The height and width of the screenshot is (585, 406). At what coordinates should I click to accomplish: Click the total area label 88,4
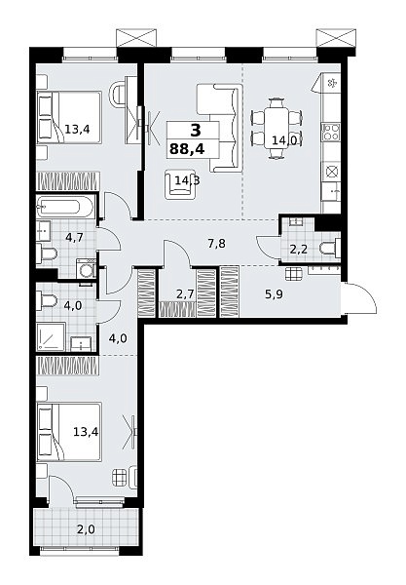[187, 149]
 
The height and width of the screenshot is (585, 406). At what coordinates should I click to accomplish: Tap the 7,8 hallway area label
[217, 244]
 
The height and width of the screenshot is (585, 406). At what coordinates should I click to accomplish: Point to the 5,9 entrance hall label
[274, 294]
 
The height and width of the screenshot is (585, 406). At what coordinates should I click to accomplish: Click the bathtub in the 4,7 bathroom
[63, 207]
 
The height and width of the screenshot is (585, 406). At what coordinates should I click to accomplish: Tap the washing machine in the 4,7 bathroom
[87, 268]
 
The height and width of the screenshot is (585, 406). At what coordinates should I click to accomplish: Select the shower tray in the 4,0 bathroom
[51, 336]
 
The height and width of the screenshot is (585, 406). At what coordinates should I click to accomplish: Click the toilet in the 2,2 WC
[330, 248]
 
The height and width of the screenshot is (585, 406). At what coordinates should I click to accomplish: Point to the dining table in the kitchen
[276, 128]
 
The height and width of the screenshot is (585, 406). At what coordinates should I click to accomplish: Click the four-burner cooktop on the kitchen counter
[331, 132]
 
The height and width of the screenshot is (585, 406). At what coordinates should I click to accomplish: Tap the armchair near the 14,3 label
[181, 184]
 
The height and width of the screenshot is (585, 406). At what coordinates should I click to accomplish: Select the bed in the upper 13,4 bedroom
[69, 117]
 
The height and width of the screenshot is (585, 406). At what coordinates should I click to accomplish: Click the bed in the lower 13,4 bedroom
[69, 432]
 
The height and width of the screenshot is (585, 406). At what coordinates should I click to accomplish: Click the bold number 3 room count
[196, 131]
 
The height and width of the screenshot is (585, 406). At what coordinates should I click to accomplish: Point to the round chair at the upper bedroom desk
[119, 95]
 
